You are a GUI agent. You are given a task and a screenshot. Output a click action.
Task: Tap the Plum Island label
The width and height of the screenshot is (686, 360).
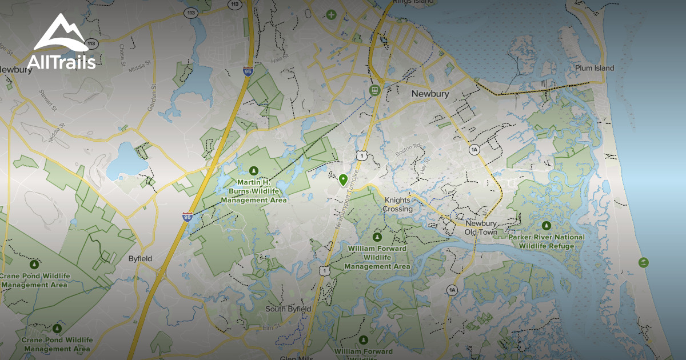coord(595,69)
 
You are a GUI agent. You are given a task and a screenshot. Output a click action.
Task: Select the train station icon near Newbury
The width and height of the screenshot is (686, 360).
coord(375,90)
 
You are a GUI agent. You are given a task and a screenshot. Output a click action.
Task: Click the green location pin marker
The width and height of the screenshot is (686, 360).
coord(343,180)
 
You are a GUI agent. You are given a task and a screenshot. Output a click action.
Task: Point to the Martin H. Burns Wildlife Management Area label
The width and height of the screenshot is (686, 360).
coord(254,191)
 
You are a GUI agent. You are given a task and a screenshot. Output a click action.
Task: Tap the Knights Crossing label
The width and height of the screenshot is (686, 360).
coord(398,205)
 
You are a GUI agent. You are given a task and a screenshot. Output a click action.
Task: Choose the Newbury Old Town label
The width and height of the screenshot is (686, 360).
coord(481,228)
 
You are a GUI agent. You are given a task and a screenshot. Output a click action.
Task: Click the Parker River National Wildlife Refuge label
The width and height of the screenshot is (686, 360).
coord(547,241)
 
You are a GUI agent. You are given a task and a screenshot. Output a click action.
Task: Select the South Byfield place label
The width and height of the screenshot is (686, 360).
coord(288,309)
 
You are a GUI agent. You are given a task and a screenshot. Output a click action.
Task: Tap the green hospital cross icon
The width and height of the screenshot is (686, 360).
coord(330,14)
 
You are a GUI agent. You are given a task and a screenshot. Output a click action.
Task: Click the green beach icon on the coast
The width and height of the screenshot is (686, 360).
coord(644,262)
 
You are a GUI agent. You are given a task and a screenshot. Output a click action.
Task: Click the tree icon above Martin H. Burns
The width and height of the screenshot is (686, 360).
coord(254,170)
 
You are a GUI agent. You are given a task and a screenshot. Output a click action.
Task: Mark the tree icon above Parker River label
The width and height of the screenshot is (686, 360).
coord(547,225)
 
